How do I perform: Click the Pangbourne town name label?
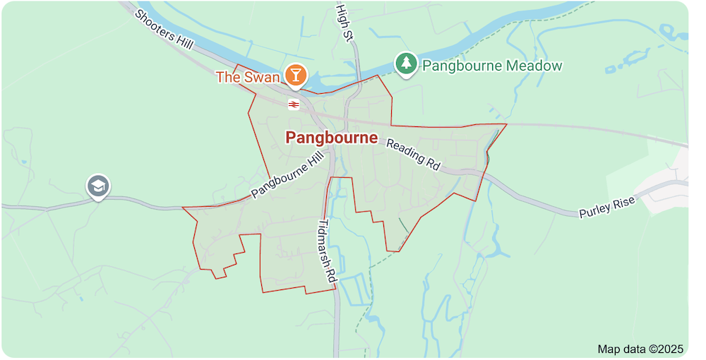coord(331,138)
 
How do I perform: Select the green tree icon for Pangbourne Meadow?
coord(405,64)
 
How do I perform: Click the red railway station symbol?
coord(294,104)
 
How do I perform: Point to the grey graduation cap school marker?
coord(97,186)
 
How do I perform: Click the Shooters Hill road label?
coord(163,29)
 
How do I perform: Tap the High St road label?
coord(343,22)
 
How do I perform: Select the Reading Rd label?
coord(414,155)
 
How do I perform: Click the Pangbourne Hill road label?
coord(291,174)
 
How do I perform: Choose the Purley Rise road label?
coord(607,207)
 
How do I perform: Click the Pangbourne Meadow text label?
coord(492,66)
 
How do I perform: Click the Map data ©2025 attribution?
coord(640,349)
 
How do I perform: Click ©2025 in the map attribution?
coord(666,349)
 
